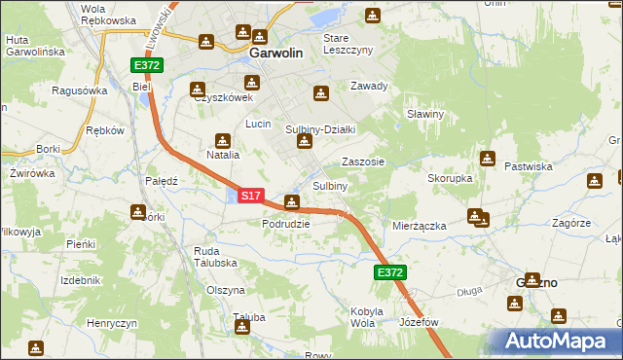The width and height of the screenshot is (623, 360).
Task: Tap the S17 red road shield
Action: (249, 196)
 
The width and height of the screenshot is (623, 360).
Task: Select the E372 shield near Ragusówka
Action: (148, 65)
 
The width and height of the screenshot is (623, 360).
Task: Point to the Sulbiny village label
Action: (330, 186)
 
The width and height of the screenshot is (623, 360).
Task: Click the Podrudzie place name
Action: (286, 223)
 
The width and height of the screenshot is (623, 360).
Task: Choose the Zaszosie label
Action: (363, 162)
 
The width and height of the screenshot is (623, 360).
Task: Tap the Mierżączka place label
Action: (419, 226)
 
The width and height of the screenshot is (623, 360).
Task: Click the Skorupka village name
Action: (450, 179)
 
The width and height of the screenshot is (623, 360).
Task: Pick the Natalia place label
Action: (222, 155)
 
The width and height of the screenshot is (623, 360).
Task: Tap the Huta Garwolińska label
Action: (35, 45)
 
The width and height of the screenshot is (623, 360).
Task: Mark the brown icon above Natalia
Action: (222, 139)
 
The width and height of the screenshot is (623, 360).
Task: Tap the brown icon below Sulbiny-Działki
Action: (305, 144)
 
